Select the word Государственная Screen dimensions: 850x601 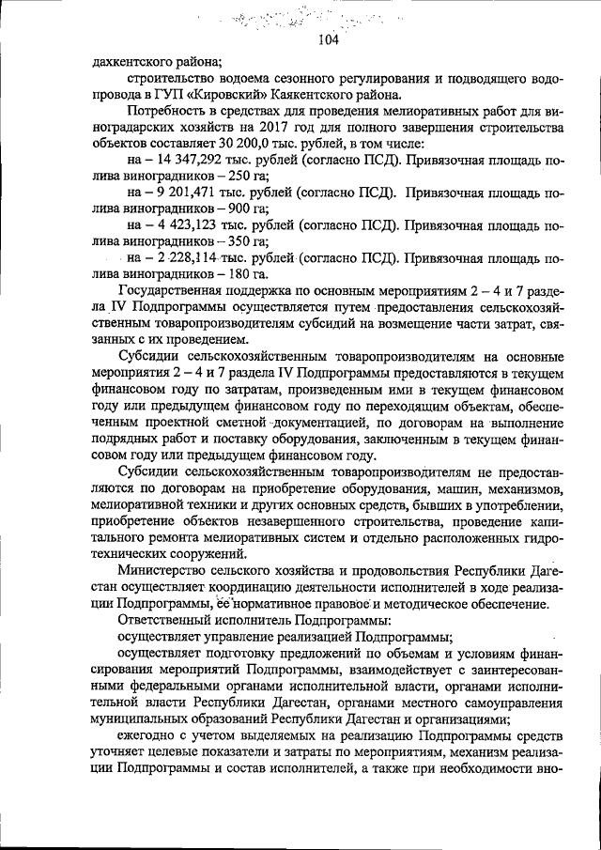(174, 290)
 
